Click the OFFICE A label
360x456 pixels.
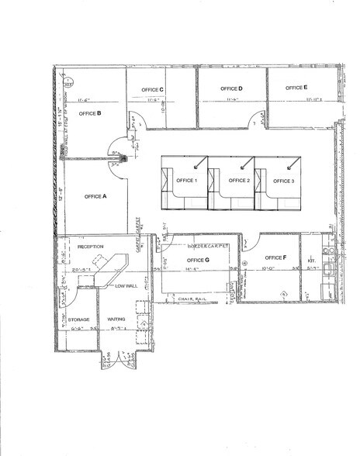(95, 196)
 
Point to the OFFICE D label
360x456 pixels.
(231, 89)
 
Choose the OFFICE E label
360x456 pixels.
(296, 88)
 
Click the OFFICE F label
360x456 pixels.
(275, 257)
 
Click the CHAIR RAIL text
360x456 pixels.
(189, 299)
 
